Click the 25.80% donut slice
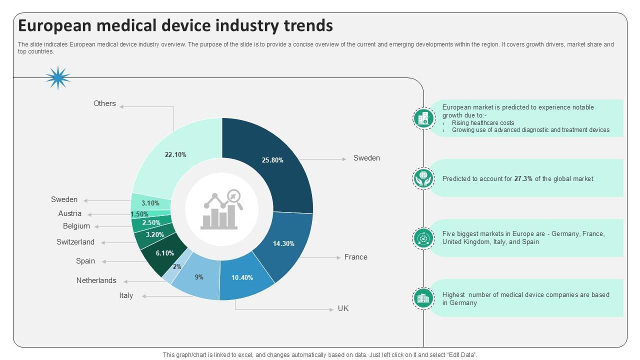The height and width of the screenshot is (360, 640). click(272, 160)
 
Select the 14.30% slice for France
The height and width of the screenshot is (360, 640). click(283, 243)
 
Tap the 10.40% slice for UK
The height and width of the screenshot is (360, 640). click(242, 278)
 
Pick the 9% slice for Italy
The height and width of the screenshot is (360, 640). click(199, 277)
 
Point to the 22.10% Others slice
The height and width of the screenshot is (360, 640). click(175, 154)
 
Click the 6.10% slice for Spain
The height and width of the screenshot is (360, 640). click(164, 253)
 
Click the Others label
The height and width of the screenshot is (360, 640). click(104, 103)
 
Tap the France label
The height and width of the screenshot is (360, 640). click(355, 257)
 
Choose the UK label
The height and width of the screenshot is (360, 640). click(343, 308)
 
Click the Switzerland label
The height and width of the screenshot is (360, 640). click(75, 242)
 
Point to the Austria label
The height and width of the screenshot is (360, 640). click(69, 213)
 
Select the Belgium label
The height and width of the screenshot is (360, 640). click(76, 226)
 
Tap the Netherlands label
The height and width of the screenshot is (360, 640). click(96, 280)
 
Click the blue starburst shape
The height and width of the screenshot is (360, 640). click(58, 77)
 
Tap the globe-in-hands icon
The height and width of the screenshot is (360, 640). click(423, 178)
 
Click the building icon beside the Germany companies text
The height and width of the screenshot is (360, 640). click(423, 298)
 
